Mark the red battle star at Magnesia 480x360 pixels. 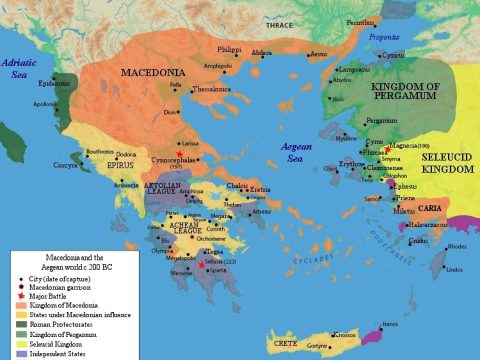372,146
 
